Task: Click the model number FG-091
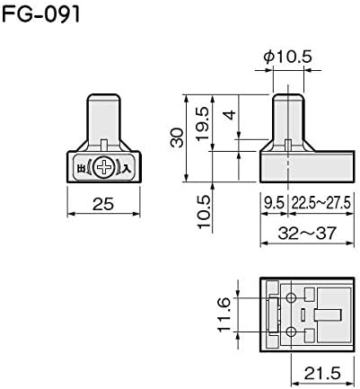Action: [x=41, y=14]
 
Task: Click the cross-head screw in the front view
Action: [x=104, y=167]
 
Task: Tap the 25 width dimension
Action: [x=103, y=205]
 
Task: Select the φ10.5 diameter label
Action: [x=287, y=57]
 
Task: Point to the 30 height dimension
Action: [x=177, y=137]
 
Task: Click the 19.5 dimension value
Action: [x=203, y=123]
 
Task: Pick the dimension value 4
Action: [x=231, y=115]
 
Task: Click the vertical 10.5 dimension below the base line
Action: [x=205, y=211]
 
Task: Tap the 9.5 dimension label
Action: [x=274, y=204]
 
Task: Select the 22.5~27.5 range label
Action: [x=320, y=204]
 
